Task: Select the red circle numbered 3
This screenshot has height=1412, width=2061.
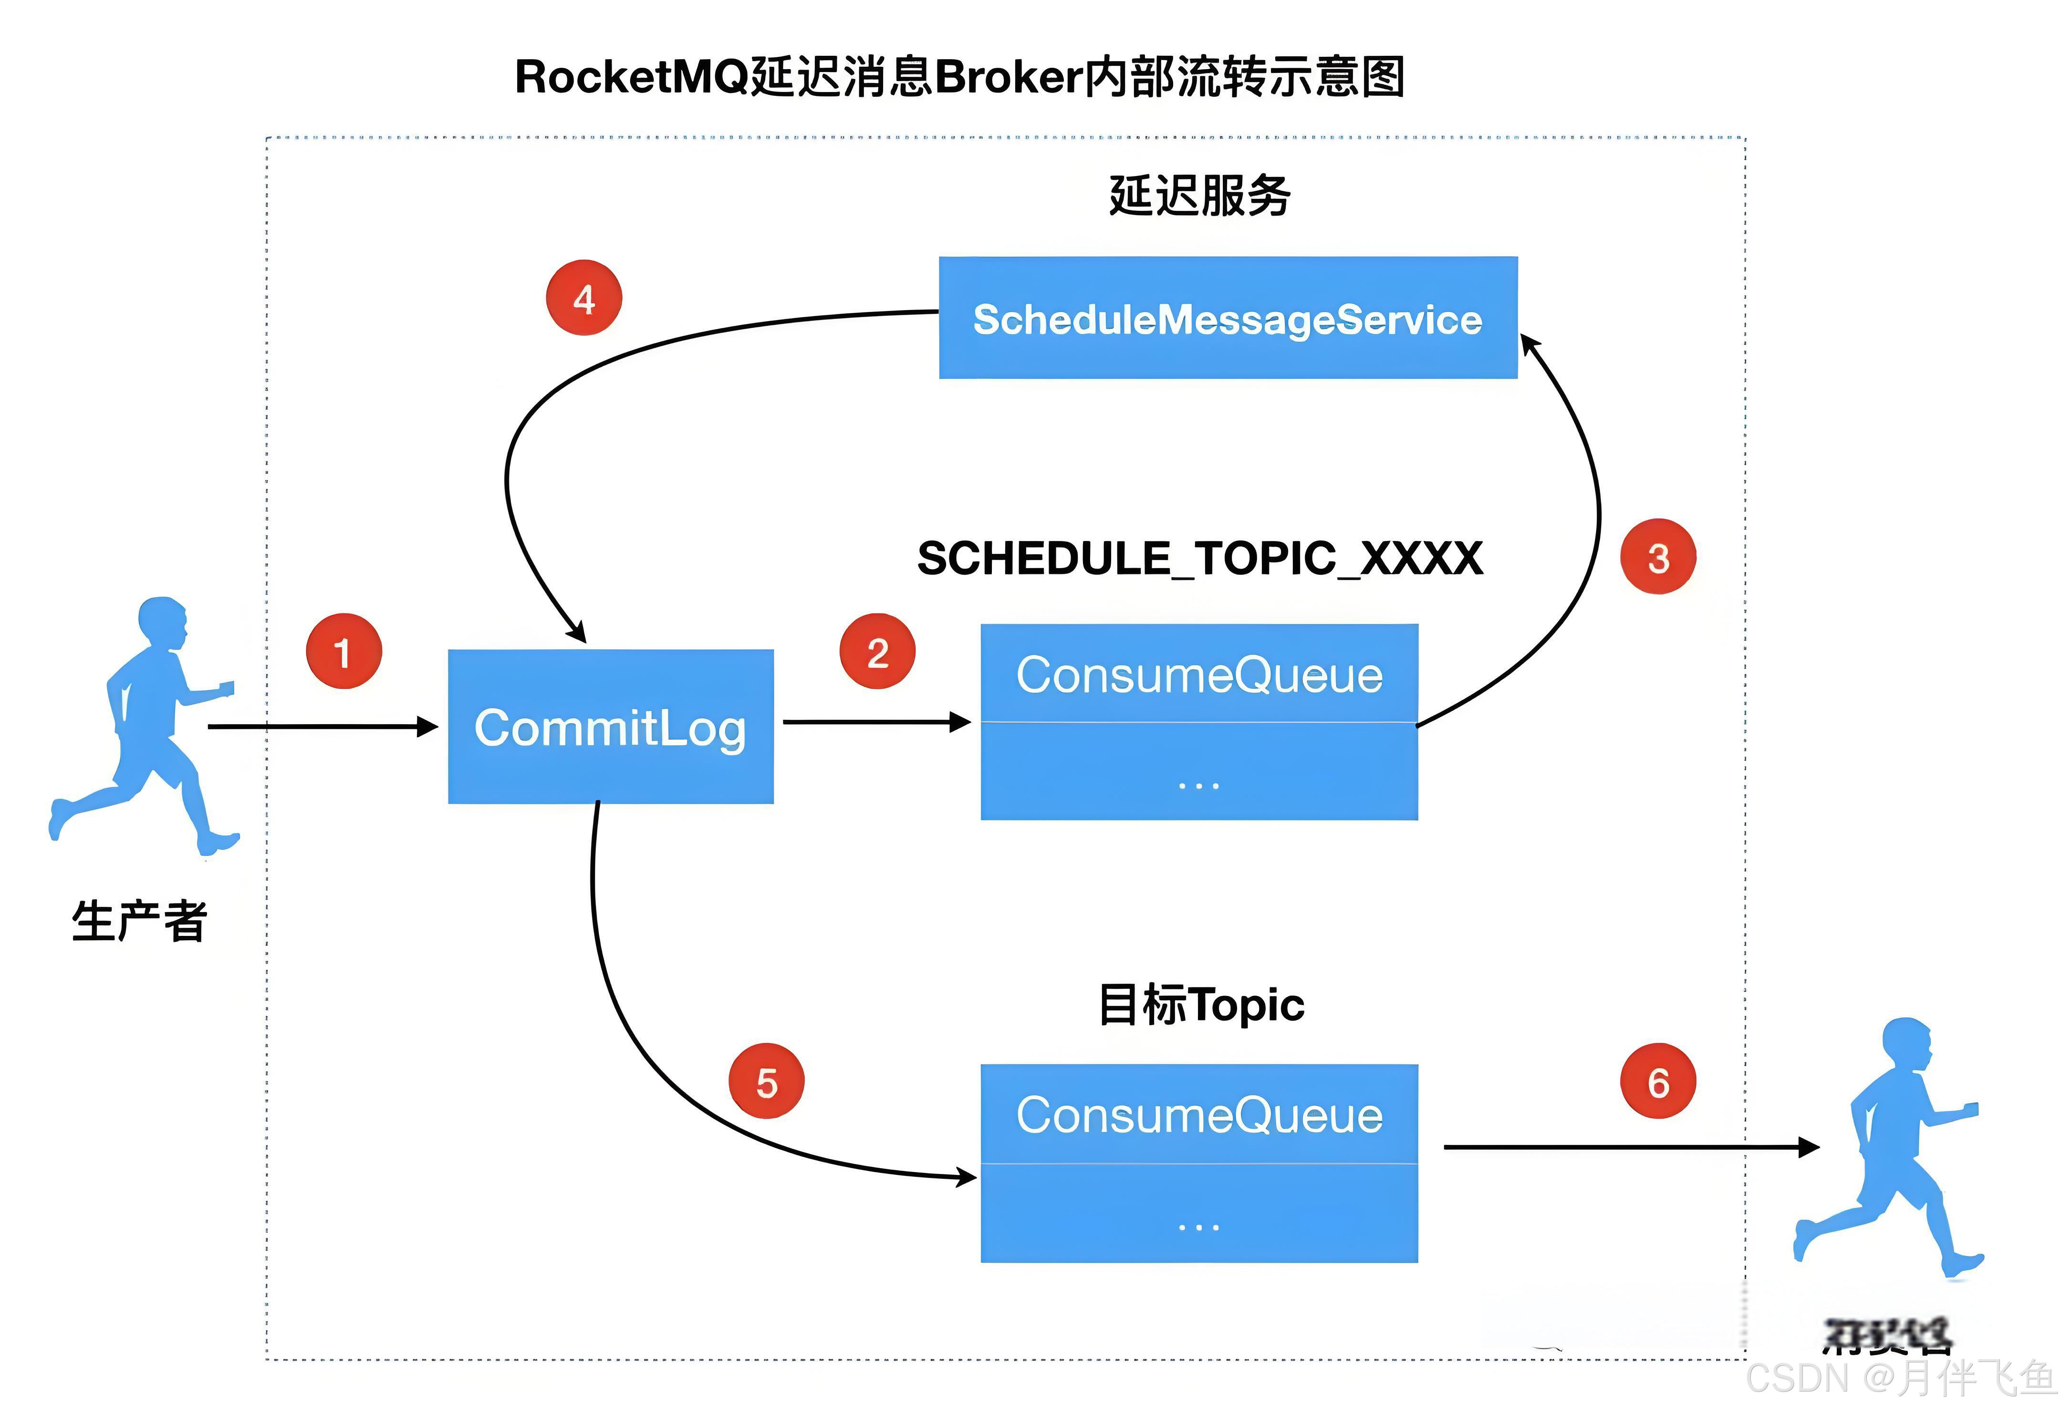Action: coord(1657,557)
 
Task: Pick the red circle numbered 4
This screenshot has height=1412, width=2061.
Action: coord(583,298)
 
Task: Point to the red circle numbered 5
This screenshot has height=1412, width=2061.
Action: coord(766,1081)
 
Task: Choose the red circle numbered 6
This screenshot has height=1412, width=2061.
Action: coord(1657,1081)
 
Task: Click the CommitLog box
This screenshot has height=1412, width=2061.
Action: coord(610,727)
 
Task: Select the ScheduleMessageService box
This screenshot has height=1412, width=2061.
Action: coord(1228,318)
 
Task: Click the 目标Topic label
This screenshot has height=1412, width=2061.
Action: coord(1201,1005)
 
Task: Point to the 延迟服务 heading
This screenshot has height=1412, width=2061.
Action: coord(1199,195)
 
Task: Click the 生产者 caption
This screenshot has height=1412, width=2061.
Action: coord(139,921)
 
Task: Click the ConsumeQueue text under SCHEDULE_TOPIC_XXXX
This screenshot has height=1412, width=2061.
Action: coord(1199,675)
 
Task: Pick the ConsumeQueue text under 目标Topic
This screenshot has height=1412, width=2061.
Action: coord(1199,1115)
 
